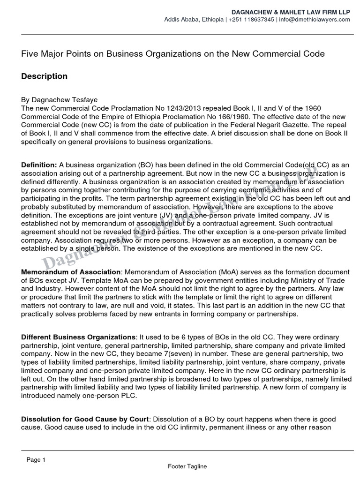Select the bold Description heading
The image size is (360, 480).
(45, 76)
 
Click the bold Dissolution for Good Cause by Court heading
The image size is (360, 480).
(86, 419)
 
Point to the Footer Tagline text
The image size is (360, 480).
(187, 466)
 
